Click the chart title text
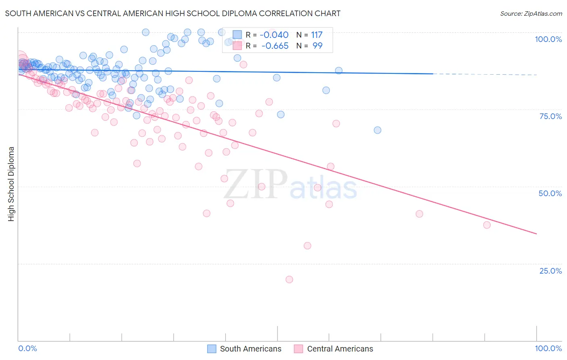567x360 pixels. pyautogui.click(x=173, y=13)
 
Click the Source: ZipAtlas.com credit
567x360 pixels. pyautogui.click(x=531, y=13)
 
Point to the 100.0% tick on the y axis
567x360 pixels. pyautogui.click(x=548, y=39)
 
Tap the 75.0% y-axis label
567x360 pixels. pyautogui.click(x=550, y=116)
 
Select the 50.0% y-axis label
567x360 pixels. pyautogui.click(x=550, y=193)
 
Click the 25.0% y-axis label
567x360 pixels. pyautogui.click(x=550, y=270)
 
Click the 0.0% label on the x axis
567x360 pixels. pyautogui.click(x=27, y=348)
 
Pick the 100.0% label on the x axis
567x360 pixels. pyautogui.click(x=548, y=348)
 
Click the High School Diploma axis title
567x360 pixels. pyautogui.click(x=11, y=184)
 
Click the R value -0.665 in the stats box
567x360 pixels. pyautogui.click(x=275, y=46)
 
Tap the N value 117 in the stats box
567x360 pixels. pyautogui.click(x=317, y=35)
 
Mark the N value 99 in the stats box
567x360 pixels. pyautogui.click(x=317, y=46)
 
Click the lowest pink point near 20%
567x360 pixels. pyautogui.click(x=289, y=279)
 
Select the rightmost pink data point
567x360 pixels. pyautogui.click(x=487, y=225)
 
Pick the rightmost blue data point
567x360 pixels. pyautogui.click(x=377, y=130)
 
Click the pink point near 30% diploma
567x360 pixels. pyautogui.click(x=308, y=245)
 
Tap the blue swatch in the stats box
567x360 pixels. pyautogui.click(x=237, y=35)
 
